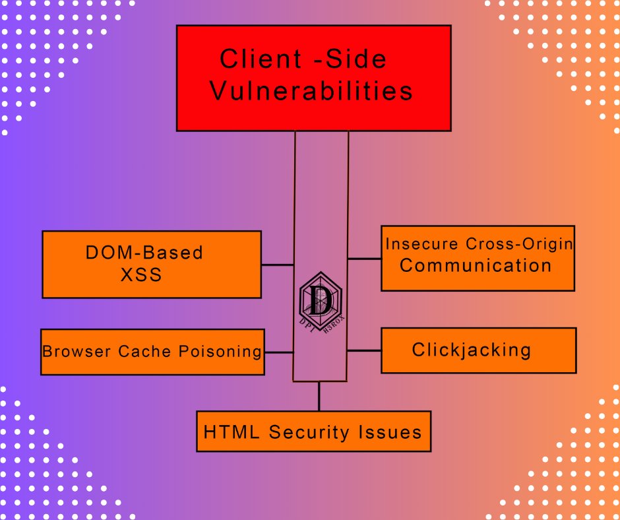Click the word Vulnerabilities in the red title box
click(311, 90)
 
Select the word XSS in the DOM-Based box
click(141, 275)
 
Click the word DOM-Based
click(144, 252)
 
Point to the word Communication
click(476, 265)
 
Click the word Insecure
click(415, 244)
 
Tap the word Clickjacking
click(472, 349)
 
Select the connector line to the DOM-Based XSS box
click(278, 265)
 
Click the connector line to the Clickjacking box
click(364, 350)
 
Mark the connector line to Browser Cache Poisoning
click(279, 352)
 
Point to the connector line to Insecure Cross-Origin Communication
click(364, 259)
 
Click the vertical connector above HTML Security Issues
click(319, 396)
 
